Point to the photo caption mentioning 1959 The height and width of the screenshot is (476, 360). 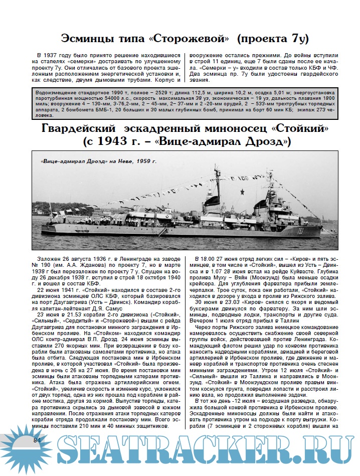pos(99,162)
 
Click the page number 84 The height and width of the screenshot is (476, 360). pos(37,440)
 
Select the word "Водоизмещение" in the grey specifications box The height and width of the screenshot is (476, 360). pos(57,92)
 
